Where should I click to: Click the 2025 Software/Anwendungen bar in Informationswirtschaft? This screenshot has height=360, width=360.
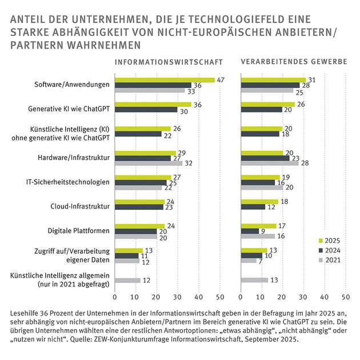click(165, 80)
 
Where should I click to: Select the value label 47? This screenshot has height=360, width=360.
click(220, 80)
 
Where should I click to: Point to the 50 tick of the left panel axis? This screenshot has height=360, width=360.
click(219, 297)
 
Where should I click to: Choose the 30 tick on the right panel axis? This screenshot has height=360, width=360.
click(303, 297)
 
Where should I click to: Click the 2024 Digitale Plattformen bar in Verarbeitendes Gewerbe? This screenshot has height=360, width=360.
click(250, 231)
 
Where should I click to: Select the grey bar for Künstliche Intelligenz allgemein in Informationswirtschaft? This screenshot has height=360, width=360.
click(127, 280)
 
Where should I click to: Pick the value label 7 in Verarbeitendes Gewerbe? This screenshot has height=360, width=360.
click(260, 261)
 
